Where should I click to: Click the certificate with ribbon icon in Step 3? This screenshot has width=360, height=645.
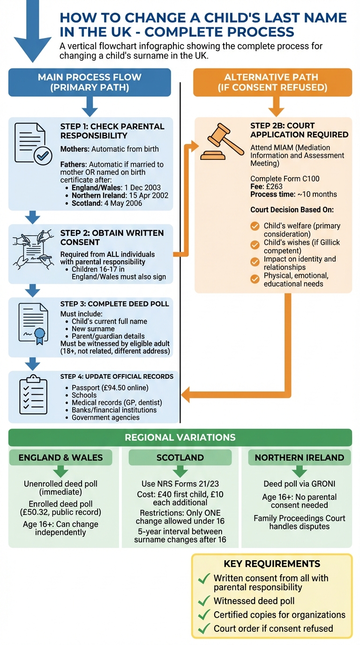coord(33,324)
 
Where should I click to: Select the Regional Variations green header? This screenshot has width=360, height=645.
coord(180,437)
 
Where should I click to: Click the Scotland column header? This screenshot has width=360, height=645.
coord(180,457)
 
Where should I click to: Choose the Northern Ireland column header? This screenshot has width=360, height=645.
coord(299,457)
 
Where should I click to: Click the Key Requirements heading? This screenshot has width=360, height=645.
coord(272,564)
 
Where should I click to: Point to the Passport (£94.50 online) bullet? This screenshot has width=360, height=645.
coord(110,388)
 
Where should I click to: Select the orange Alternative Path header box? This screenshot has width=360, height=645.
coord(272,82)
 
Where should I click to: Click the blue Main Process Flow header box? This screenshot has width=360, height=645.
coord(90,82)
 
